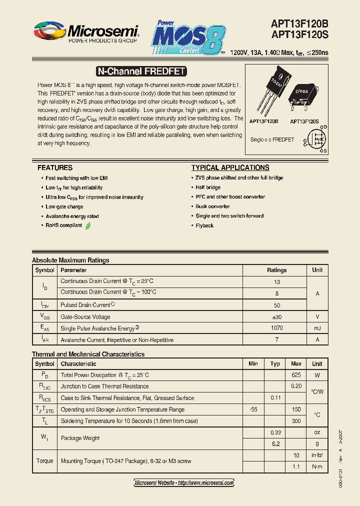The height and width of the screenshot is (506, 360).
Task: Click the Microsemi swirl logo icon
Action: [49, 30]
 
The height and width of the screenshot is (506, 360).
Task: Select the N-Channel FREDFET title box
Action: [140, 71]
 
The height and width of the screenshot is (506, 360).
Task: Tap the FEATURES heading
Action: [55, 168]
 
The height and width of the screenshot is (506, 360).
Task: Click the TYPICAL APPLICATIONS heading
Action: [230, 168]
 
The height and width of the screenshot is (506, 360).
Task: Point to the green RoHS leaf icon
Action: [88, 225]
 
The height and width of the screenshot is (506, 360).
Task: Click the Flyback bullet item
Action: [204, 225]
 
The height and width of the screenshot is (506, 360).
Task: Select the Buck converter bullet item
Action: [213, 206]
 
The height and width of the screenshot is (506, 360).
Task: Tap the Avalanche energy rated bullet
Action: [72, 216]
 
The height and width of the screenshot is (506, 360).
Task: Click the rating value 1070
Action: [276, 328]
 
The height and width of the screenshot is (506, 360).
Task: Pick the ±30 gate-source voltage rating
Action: [276, 317]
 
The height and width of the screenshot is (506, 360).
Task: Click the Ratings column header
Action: [276, 270]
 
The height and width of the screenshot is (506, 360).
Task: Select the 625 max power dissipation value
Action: [296, 375]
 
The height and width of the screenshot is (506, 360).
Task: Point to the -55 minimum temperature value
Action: [253, 409]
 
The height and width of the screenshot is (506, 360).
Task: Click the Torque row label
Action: [44, 461]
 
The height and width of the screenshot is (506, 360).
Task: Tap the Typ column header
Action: [275, 364]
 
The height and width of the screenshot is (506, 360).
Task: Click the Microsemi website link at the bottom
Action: [184, 483]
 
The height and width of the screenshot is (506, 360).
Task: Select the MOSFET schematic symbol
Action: [316, 139]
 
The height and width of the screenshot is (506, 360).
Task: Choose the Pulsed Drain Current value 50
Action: [276, 305]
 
